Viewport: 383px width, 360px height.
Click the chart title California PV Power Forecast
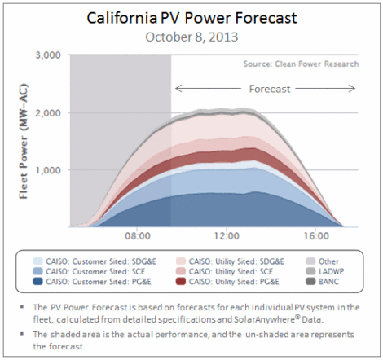pyautogui.click(x=191, y=19)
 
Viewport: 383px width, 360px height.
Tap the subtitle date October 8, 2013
pyautogui.click(x=191, y=37)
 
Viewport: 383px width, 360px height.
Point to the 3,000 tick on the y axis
pyautogui.click(x=48, y=55)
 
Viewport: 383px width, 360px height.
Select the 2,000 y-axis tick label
pyautogui.click(x=48, y=112)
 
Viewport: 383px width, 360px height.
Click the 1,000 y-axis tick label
pyautogui.click(x=48, y=170)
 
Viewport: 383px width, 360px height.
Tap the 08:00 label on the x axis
pyautogui.click(x=138, y=236)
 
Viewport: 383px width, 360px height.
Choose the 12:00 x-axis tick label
pyautogui.click(x=227, y=236)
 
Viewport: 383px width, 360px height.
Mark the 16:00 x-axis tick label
pyautogui.click(x=316, y=236)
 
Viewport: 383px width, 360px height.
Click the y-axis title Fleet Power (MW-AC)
pyautogui.click(x=24, y=141)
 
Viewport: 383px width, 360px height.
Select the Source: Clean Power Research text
pyautogui.click(x=301, y=64)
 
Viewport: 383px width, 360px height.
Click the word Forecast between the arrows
pyautogui.click(x=270, y=89)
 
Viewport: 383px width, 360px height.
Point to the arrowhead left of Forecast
pyautogui.click(x=178, y=88)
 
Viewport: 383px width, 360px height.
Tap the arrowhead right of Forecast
pyautogui.click(x=353, y=88)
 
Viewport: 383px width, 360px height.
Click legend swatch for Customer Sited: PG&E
pyautogui.click(x=37, y=281)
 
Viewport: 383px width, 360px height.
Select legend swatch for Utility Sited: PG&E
pyautogui.click(x=181, y=281)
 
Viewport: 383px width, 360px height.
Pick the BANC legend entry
pyautogui.click(x=323, y=282)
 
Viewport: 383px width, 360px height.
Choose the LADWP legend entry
pyautogui.click(x=325, y=271)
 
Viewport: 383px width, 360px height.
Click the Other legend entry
pyautogui.click(x=322, y=261)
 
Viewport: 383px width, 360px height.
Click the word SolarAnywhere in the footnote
pyautogui.click(x=264, y=319)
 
